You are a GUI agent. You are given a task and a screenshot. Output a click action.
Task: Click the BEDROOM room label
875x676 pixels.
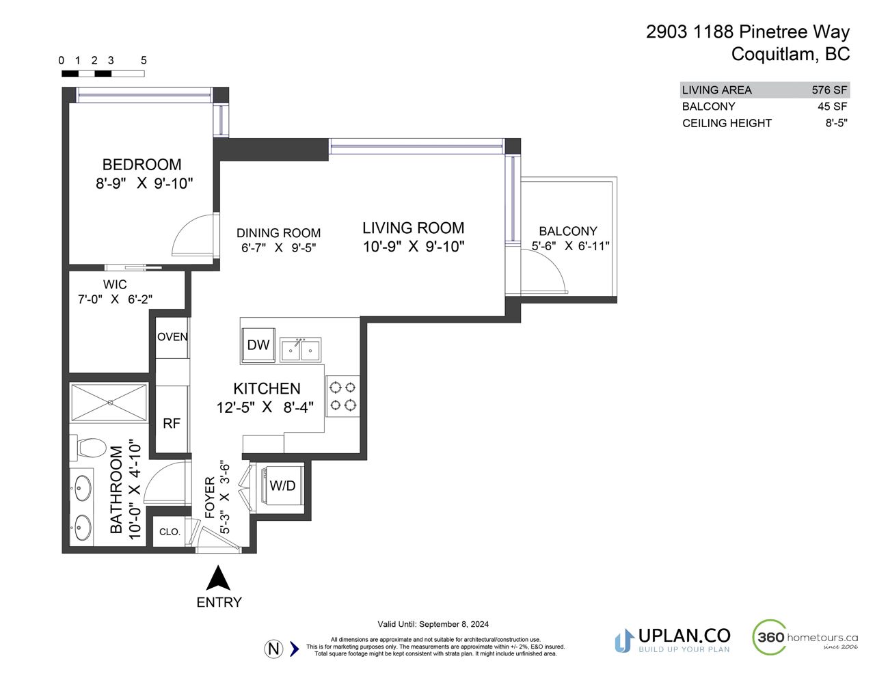point(142,165)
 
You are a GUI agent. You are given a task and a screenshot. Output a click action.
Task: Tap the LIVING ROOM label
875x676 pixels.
point(413,228)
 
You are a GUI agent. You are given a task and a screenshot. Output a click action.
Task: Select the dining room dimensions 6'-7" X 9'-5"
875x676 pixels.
point(278,247)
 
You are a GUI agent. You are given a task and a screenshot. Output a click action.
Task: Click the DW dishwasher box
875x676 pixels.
point(258,344)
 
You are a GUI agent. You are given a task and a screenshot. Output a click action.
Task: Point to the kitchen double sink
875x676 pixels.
point(300,349)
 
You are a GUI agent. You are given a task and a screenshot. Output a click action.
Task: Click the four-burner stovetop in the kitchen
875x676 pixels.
point(342,396)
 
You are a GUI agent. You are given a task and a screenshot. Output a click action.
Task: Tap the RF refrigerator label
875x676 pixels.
point(172,423)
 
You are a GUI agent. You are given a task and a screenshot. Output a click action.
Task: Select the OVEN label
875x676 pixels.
point(172,336)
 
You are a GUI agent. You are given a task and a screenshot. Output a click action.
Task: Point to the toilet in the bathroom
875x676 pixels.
point(88,448)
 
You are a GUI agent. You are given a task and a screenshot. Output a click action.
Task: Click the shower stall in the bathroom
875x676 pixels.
point(109,403)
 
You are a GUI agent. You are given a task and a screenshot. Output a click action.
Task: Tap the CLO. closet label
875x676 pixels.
point(170,532)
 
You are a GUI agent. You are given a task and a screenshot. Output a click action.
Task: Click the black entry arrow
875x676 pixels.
point(218,578)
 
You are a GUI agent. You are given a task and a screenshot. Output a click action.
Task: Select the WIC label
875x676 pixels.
point(115,284)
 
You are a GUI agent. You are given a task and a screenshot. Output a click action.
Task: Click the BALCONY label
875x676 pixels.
point(568,231)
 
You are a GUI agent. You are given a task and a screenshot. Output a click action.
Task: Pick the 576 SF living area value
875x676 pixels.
point(829,90)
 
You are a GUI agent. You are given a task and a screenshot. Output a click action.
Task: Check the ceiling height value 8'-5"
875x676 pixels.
point(836,123)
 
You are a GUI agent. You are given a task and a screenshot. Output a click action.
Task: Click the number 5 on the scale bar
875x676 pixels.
point(144,60)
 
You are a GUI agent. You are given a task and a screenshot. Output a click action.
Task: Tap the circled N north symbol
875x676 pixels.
point(274,649)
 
